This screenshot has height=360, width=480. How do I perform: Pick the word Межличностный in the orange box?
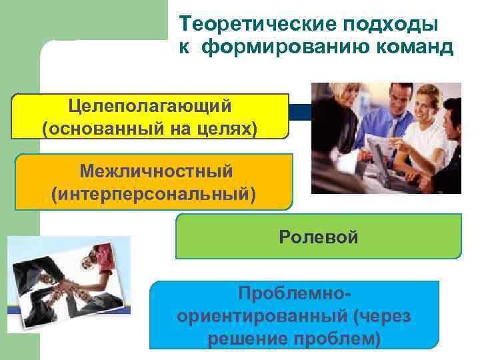(x=156, y=171)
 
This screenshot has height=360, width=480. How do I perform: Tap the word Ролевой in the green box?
(x=319, y=237)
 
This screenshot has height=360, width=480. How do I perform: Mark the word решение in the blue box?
(x=241, y=339)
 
